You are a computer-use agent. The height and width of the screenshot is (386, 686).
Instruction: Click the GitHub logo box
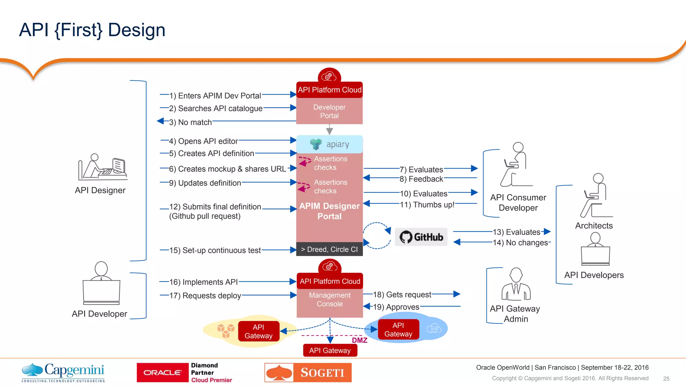pyautogui.click(x=421, y=237)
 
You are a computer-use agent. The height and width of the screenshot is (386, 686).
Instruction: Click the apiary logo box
pyautogui.click(x=329, y=144)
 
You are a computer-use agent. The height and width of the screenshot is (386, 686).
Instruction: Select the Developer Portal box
pyautogui.click(x=329, y=111)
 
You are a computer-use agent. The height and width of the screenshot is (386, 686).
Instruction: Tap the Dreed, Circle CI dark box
pyautogui.click(x=329, y=249)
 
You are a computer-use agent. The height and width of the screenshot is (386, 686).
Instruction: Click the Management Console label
pyautogui.click(x=330, y=300)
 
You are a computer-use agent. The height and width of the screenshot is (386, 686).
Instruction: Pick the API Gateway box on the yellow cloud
pyautogui.click(x=259, y=331)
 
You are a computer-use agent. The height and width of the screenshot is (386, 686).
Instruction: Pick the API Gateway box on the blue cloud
pyautogui.click(x=398, y=330)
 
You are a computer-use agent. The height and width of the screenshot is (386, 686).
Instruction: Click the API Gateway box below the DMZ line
pyautogui.click(x=330, y=350)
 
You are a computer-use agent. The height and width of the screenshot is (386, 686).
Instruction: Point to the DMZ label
pyautogui.click(x=359, y=340)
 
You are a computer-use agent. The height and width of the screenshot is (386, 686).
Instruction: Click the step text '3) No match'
pyautogui.click(x=190, y=122)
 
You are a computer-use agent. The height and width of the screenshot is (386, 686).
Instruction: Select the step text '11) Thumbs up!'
pyautogui.click(x=427, y=205)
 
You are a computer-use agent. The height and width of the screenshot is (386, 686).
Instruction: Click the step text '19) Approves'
pyautogui.click(x=396, y=307)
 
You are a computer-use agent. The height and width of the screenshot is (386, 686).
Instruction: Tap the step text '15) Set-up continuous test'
pyautogui.click(x=215, y=250)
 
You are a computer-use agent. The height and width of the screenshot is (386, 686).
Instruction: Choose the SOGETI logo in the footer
pyautogui.click(x=308, y=373)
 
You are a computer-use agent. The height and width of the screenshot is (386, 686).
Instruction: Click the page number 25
pyautogui.click(x=666, y=379)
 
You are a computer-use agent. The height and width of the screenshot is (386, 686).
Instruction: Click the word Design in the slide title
pyautogui.click(x=137, y=30)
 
